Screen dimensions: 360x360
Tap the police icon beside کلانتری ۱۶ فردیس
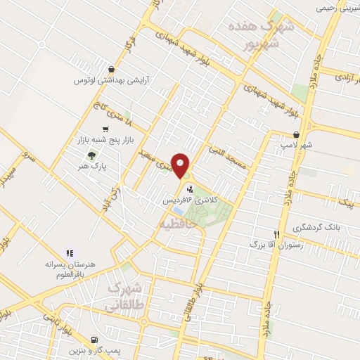(189, 188)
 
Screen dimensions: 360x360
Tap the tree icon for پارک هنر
(91, 155)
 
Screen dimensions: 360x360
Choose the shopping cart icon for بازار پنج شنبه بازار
(105, 129)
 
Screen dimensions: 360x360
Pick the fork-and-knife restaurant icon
(276, 234)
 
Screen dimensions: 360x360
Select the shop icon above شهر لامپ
(297, 134)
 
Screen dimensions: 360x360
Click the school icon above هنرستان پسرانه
(69, 252)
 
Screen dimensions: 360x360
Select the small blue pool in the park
(179, 210)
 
